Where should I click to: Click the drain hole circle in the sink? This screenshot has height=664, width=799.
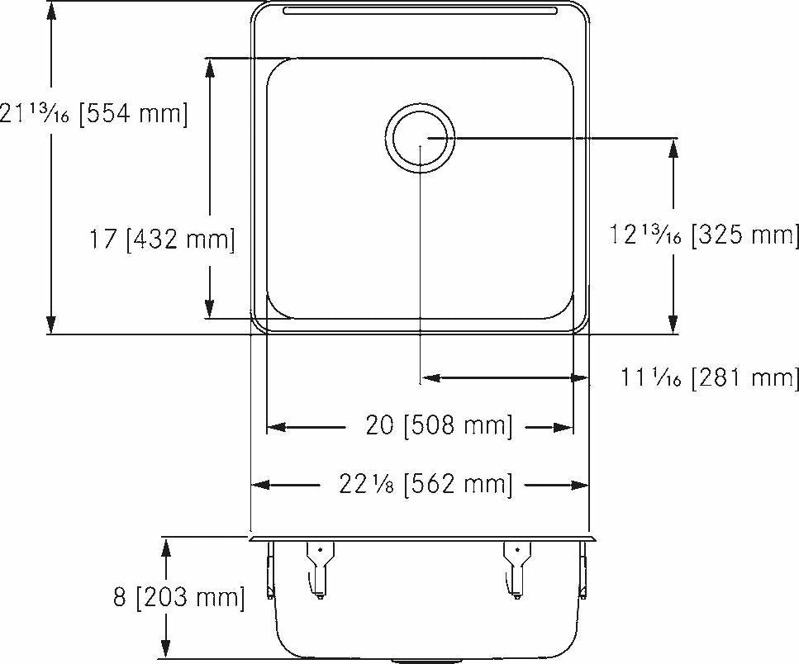coord(420,138)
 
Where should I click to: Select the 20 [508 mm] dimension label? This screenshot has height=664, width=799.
coord(439,427)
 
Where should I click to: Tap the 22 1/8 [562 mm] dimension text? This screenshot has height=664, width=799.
coord(426,485)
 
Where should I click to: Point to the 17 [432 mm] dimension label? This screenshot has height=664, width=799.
coord(162,240)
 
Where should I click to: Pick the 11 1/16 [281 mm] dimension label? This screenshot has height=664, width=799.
coord(710,378)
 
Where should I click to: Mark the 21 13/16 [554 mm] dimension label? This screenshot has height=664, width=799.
coord(93,114)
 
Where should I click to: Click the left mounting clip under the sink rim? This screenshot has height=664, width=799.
coord(319,567)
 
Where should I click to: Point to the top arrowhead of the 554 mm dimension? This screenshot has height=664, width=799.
coord(51,10)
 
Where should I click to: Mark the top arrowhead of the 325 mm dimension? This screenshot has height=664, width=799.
coord(674,147)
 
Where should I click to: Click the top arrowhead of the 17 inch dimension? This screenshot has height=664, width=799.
coord(210,67)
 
